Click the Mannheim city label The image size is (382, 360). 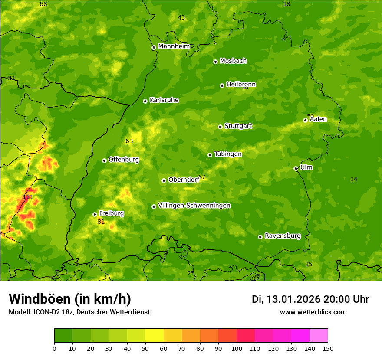pos(174,46)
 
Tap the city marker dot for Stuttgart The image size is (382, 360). pos(220,127)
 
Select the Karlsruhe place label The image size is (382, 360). pos(164,100)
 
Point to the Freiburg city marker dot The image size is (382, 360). pos(95,214)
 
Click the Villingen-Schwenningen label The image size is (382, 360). pos(194,206)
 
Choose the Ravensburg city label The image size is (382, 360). pos(282,236)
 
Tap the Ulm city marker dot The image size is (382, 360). pos(296,168)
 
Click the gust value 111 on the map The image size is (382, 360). pos(28,197)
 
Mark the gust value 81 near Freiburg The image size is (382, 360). pos(101,222)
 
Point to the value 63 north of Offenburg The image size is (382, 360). pos(129,141)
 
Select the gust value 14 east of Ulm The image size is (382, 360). pos(354,180)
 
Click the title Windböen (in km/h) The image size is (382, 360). pos(70,299)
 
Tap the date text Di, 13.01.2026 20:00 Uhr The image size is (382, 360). pos(310,299)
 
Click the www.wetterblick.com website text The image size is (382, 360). pos(313,312)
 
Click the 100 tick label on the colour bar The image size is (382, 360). pos(237,349)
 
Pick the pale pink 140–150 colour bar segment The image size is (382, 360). pos(319,336)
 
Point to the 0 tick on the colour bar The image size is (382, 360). pos(54,349)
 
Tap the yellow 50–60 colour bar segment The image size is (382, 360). pos(155,336)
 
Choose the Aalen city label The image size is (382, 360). pos(318,119)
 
